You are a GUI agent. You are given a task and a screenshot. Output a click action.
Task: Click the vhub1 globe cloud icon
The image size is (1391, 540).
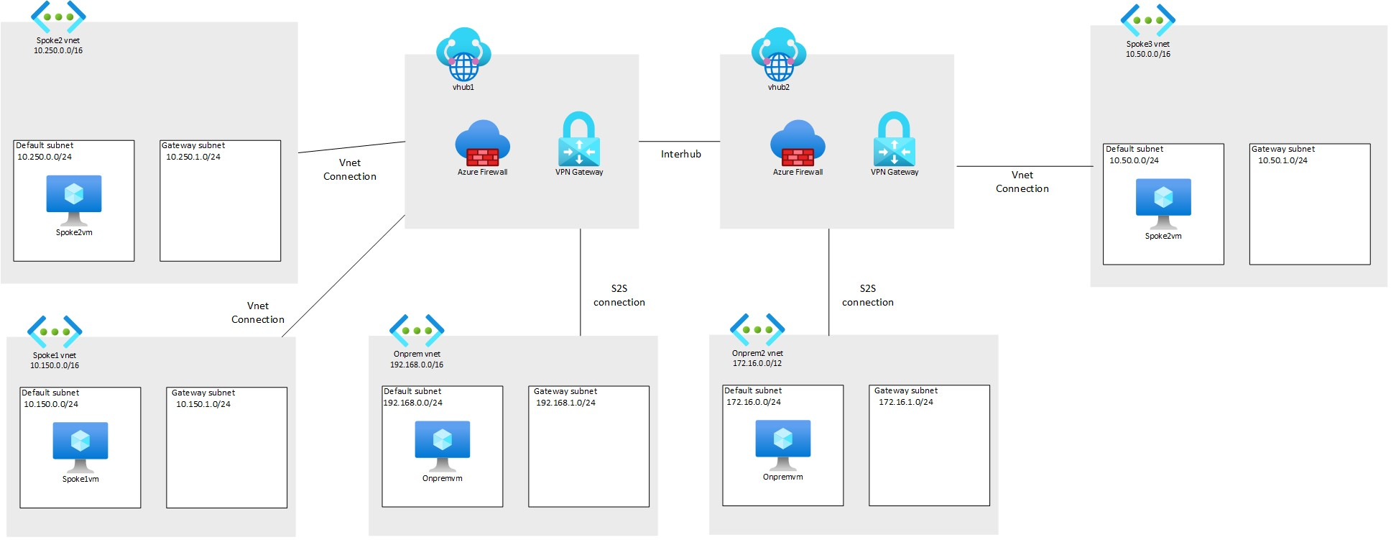[x=463, y=55]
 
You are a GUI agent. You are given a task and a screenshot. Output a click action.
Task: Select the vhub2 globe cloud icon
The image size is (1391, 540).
[x=779, y=55]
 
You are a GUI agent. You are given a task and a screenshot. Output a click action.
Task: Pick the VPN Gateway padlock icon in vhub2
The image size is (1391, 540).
[x=895, y=139]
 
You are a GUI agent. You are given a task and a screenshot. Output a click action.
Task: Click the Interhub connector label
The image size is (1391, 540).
[x=680, y=154]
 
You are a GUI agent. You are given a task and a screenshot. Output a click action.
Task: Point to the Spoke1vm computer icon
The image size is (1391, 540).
[x=80, y=446]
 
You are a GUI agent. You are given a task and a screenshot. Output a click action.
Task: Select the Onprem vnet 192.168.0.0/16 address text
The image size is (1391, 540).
[x=417, y=365]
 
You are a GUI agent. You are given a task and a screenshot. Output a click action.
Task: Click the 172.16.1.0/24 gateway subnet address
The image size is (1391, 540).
[x=905, y=402]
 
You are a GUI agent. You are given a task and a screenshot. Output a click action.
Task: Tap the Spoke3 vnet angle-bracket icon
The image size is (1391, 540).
[x=1147, y=20]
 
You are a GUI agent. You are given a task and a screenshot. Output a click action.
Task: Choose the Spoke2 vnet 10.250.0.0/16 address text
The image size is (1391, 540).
[x=58, y=50]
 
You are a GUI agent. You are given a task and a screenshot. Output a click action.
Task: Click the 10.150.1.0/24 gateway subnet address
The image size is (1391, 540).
[x=203, y=404]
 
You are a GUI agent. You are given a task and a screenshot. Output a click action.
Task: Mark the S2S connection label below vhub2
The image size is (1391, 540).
[x=868, y=296]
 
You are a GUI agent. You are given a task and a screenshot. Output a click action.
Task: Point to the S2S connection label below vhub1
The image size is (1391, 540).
[x=619, y=296]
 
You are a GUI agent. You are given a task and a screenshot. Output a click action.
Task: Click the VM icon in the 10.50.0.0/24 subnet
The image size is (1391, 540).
[x=1163, y=202]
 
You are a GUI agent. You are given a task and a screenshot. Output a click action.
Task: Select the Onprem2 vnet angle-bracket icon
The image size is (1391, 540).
[x=757, y=330]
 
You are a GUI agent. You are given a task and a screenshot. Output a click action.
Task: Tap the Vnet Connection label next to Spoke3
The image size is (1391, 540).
[x=1022, y=182]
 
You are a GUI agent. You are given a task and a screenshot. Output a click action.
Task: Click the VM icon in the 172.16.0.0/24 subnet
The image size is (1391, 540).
[x=783, y=443]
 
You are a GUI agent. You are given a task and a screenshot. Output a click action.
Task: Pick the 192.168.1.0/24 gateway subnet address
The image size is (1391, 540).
[x=565, y=403]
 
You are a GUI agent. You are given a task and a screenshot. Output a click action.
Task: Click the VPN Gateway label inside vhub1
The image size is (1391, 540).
[x=579, y=172]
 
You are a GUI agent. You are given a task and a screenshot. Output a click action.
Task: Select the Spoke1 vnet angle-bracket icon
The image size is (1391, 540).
[x=55, y=332]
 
